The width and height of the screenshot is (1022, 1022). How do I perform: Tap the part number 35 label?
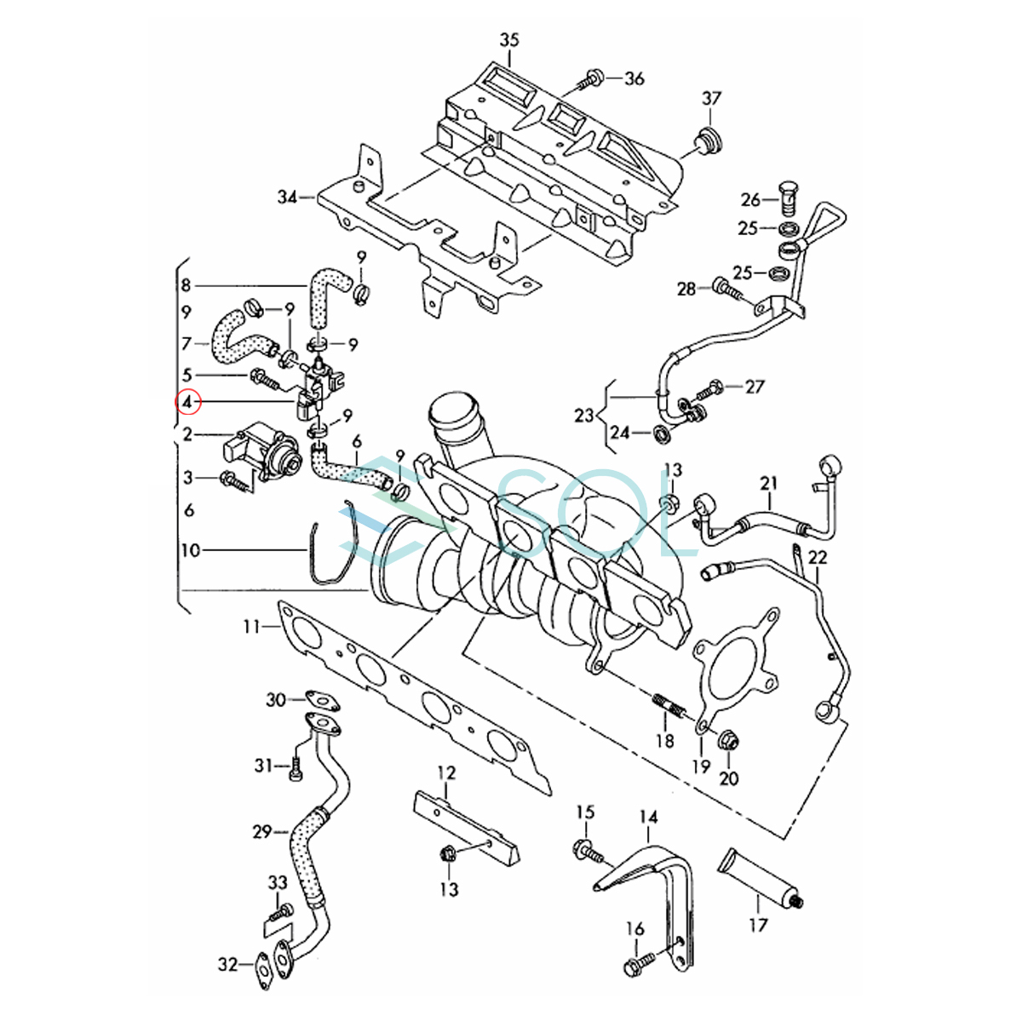[x=509, y=40]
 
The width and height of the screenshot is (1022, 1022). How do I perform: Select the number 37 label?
[x=712, y=99]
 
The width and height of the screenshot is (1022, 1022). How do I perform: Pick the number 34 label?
[x=288, y=198]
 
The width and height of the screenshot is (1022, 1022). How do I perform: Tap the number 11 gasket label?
[x=252, y=627]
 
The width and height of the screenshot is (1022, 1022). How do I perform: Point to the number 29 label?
[x=262, y=831]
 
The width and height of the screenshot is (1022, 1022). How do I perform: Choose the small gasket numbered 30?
[x=322, y=700]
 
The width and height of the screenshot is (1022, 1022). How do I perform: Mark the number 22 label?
[x=818, y=557]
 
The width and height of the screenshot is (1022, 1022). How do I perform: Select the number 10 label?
[x=191, y=550]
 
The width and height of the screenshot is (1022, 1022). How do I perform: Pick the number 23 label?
[x=584, y=415]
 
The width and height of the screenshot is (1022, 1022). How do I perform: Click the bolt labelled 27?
[x=708, y=392]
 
